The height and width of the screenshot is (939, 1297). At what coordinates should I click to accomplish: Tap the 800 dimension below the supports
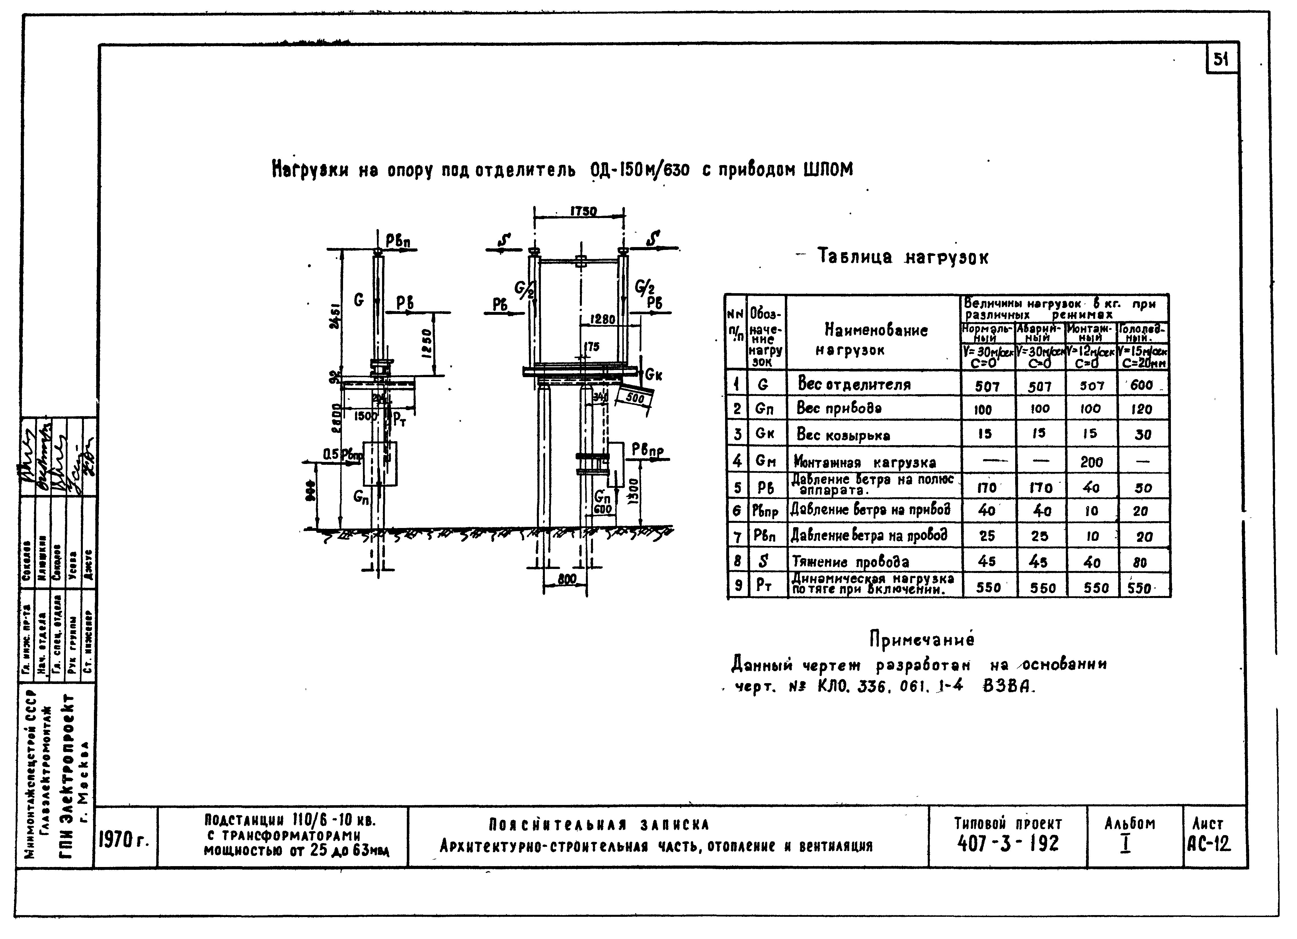[567, 579]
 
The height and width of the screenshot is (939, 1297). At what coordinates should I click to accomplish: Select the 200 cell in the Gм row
[1091, 462]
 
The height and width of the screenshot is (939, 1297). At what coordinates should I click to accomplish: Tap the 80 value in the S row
[1140, 563]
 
